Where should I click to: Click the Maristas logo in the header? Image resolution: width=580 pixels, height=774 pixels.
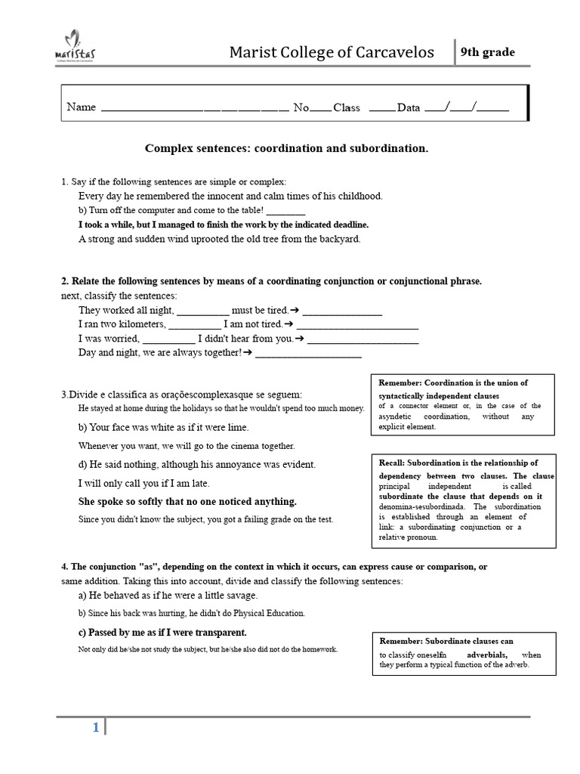point(76,47)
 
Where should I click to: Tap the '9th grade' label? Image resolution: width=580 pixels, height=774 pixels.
point(488,52)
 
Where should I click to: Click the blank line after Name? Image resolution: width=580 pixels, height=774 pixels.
point(194,109)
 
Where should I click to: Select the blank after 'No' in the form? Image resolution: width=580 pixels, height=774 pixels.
point(320,109)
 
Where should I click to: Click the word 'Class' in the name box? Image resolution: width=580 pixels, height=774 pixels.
point(347,107)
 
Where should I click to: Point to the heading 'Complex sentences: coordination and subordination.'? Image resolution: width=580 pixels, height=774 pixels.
point(286,148)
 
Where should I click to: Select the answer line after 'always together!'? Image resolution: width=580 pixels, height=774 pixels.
point(309,354)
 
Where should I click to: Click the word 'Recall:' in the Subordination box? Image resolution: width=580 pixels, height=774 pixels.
point(393,463)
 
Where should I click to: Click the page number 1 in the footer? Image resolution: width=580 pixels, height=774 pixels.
point(95,728)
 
